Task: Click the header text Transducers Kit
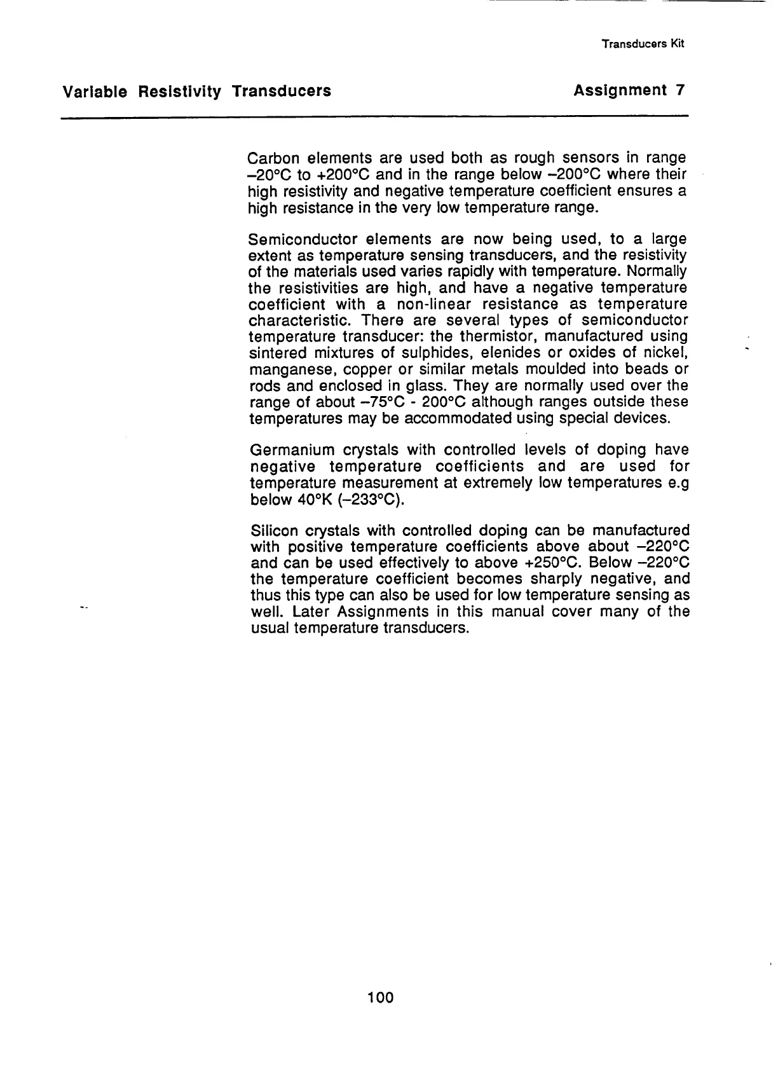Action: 642,45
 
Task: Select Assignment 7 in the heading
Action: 628,91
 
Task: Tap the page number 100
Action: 381,998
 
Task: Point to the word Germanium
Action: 292,450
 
